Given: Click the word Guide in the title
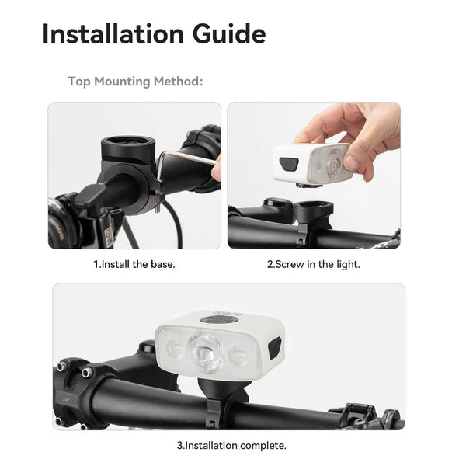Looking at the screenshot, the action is pos(229,33).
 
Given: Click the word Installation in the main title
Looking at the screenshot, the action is pos(113,33).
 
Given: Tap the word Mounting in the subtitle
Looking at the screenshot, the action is pos(122,82).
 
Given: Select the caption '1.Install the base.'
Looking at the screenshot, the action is pos(134,264).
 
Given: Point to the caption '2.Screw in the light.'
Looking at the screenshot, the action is pos(314,264).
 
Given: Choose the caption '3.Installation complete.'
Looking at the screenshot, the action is pos(231,445).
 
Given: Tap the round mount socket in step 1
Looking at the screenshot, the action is pos(128,148).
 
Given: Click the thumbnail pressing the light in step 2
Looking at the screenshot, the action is pos(352,162).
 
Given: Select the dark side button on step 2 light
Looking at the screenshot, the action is pos(289,164).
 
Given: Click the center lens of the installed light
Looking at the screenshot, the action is pos(205,352).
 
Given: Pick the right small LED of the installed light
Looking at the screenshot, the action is pos(238,356).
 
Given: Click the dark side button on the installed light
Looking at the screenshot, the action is pos(275,348).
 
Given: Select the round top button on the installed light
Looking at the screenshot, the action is pos(219,320).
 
